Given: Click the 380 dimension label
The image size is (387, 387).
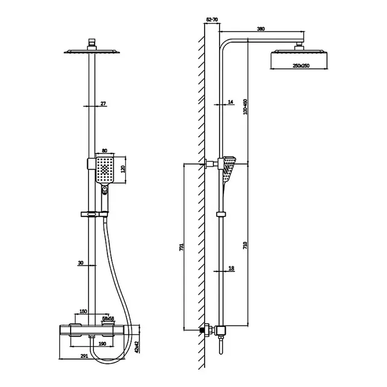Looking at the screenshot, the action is tap(261, 29).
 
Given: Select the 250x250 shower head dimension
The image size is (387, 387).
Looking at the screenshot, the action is tap(301, 66).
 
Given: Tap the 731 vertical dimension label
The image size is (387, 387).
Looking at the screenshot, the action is tap(181, 247).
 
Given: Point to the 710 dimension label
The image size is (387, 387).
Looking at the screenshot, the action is tap(245, 245).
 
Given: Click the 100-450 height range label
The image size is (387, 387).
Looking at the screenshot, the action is tap(245, 107).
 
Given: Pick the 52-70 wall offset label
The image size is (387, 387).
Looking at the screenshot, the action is tap(212, 19).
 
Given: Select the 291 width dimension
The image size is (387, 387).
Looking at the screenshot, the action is tap(84, 356).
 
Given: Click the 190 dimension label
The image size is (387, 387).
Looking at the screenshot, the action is tap(102, 344).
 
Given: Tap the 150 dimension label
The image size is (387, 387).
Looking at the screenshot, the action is tap(83, 311).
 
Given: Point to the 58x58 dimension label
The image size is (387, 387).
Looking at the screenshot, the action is tap(108, 319).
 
